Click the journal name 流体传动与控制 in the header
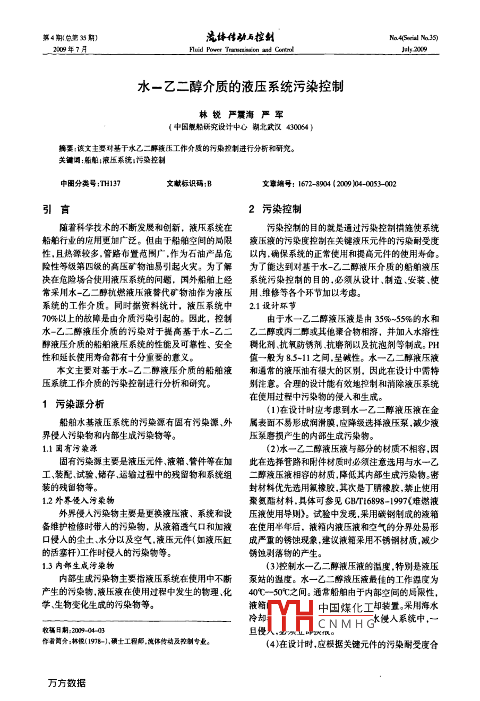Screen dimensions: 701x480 240,37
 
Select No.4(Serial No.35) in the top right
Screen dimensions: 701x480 414,38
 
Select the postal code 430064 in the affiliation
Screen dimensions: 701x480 297,127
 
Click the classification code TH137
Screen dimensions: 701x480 110,184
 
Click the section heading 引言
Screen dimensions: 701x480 56,209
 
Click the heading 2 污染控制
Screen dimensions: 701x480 275,209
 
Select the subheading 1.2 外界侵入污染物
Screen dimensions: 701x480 78,500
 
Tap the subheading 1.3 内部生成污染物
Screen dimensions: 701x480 78,566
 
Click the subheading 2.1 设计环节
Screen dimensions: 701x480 273,306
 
